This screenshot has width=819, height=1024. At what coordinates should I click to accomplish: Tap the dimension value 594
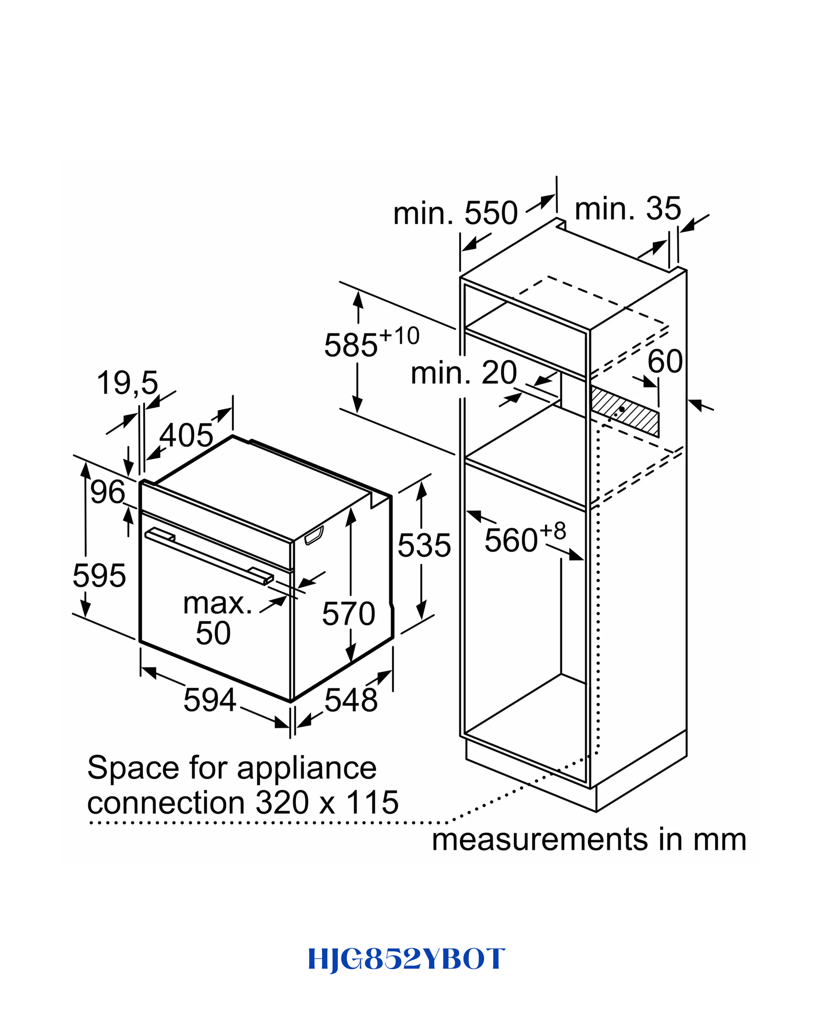[x=210, y=700]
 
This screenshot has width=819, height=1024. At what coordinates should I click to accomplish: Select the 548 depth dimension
[x=351, y=700]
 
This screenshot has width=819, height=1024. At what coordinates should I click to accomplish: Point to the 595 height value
[x=99, y=576]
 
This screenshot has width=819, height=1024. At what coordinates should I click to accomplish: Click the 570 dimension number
[x=348, y=613]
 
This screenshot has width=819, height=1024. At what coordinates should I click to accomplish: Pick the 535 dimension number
[x=424, y=545]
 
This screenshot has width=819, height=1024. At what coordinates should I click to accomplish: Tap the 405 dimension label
[x=186, y=435]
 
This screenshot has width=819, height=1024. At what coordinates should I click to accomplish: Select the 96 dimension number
[x=108, y=492]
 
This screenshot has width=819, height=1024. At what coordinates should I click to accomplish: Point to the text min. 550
[x=456, y=213]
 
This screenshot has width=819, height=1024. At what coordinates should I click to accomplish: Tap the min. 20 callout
[x=464, y=373]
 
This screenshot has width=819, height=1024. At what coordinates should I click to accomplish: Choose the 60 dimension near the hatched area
[x=665, y=361]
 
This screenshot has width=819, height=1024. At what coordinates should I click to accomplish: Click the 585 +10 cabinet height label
[x=372, y=341]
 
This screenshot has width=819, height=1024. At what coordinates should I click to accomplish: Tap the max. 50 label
[x=217, y=618]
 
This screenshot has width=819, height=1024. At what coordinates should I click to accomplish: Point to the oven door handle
[x=209, y=556]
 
